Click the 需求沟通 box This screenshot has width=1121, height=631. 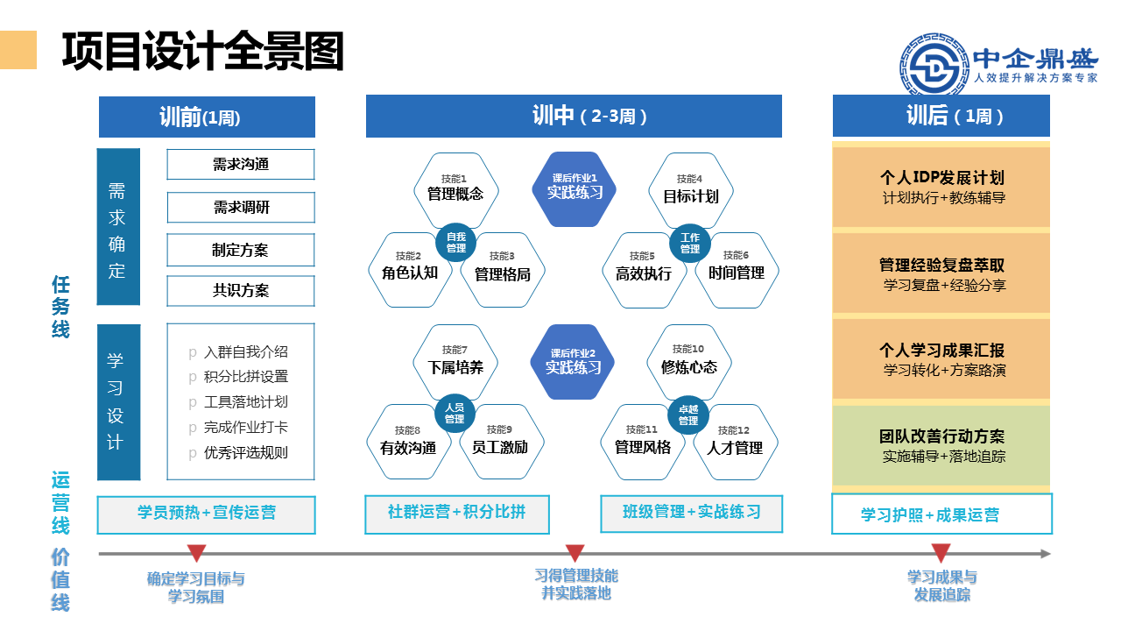[x=241, y=165]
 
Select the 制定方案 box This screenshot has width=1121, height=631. [x=241, y=250]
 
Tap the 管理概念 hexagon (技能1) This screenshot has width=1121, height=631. [x=455, y=188]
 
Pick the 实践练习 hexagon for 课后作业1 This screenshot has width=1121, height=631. [x=575, y=188]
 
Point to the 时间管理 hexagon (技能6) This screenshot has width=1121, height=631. [x=736, y=269]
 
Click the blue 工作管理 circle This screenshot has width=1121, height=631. [x=690, y=243]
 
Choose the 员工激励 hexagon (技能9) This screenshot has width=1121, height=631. [x=499, y=442]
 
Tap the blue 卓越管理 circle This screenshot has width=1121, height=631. [x=689, y=415]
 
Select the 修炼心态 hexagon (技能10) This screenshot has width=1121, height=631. [x=689, y=361]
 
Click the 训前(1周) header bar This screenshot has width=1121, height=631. [x=207, y=117]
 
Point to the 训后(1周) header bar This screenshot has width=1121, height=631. [x=941, y=117]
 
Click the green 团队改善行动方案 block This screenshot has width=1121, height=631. [x=941, y=445]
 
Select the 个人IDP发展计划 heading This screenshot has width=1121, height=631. [x=941, y=178]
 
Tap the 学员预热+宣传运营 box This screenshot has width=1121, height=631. [x=207, y=514]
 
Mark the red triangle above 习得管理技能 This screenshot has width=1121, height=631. [x=575, y=553]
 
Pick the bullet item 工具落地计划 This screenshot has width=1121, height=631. [x=245, y=402]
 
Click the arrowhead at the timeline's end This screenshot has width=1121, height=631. [x=1046, y=554]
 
